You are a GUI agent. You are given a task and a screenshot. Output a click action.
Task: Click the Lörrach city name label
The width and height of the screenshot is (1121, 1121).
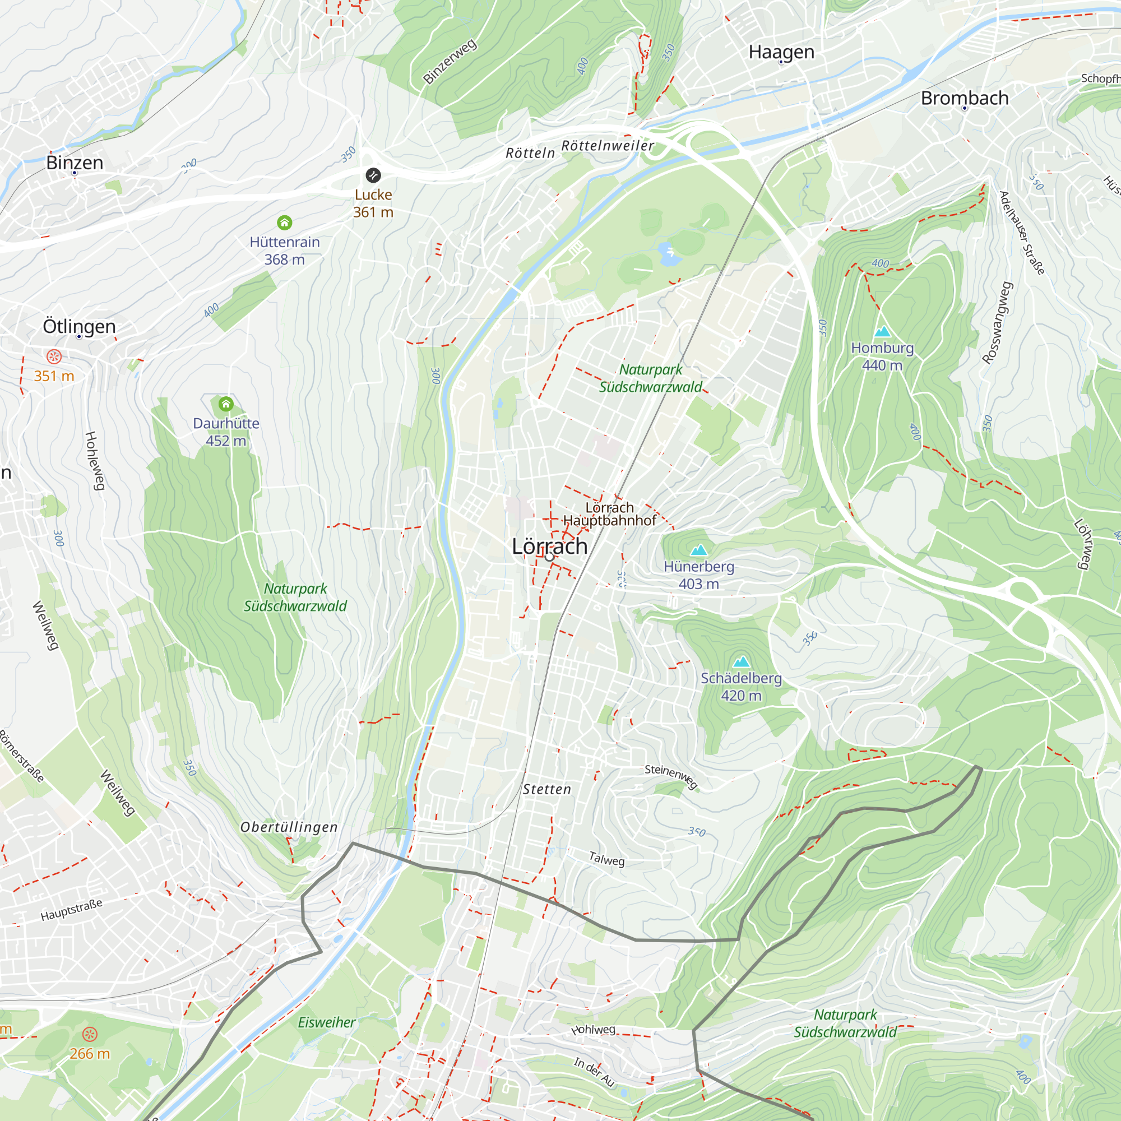549,546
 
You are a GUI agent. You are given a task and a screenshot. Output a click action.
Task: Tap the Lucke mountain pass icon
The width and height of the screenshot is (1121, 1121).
373,175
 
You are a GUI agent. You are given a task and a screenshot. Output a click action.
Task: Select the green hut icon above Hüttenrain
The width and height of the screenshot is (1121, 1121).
284,223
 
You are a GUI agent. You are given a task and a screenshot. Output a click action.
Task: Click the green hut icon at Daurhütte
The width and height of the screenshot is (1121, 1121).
226,404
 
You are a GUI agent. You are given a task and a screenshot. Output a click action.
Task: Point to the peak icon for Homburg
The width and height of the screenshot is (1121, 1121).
882,331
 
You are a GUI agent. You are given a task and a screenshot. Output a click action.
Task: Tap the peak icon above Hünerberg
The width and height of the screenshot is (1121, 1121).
698,549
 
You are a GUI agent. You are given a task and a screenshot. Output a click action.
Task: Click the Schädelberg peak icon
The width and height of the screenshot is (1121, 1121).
741,661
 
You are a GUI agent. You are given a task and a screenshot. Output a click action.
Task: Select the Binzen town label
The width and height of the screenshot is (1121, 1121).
75,163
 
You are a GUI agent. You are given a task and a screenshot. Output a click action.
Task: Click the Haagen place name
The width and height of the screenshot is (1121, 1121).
781,52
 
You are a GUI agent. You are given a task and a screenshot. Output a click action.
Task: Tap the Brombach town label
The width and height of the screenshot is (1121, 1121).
964,98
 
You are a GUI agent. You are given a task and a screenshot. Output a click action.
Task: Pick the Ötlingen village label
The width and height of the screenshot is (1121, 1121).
80,326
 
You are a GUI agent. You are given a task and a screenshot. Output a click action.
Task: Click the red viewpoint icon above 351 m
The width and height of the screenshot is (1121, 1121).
54,356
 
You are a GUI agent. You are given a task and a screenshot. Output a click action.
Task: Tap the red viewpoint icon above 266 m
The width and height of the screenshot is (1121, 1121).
90,1034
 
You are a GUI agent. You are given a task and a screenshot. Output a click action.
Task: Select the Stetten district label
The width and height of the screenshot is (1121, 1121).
546,789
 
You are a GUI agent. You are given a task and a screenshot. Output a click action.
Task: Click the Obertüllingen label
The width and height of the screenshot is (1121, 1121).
289,827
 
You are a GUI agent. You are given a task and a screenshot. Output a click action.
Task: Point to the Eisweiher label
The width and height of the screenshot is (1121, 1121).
326,1022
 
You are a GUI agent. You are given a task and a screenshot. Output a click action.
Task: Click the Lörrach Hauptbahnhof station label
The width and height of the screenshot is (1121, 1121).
609,514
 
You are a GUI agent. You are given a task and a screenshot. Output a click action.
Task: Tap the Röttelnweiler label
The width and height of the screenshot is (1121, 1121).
608,146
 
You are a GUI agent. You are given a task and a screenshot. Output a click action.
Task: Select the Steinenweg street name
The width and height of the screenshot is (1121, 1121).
671,776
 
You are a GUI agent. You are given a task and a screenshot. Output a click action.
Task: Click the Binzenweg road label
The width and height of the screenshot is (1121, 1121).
450,62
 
